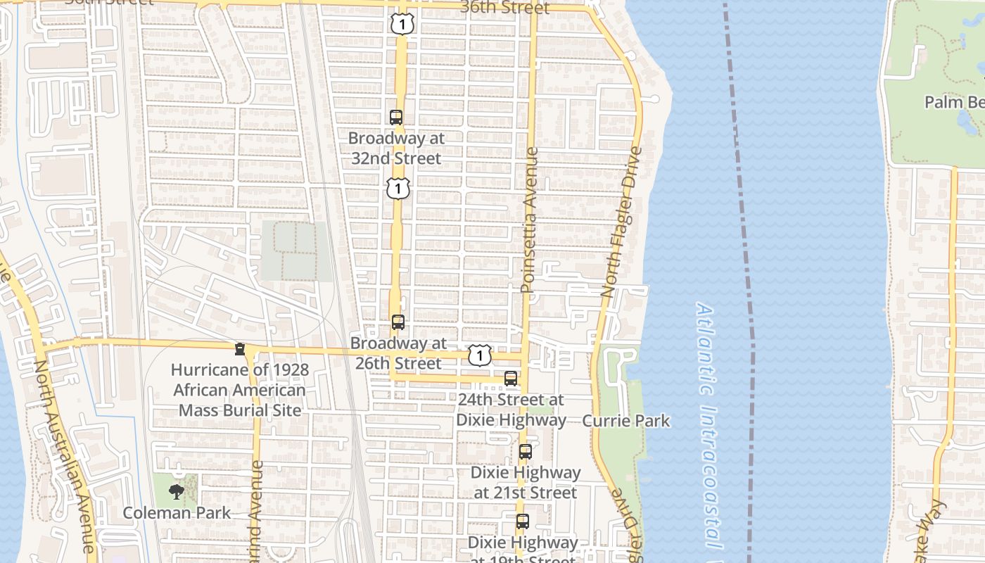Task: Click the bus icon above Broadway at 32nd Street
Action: coord(396,118)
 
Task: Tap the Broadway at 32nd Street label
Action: coord(396,148)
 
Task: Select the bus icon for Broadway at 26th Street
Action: coord(398,322)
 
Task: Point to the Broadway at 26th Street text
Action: coord(398,353)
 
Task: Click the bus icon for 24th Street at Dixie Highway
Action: coord(511,379)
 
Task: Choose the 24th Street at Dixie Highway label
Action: coord(511,410)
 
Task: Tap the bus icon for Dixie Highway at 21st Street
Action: coord(526,452)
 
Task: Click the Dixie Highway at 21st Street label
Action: coord(526,482)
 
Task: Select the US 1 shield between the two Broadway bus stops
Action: coord(398,188)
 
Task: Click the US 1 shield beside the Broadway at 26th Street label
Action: coord(479,355)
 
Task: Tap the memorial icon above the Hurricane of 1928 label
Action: coord(240,349)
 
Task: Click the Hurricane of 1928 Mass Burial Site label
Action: coord(240,390)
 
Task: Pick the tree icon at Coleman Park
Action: coord(177,491)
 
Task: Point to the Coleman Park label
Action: coord(177,512)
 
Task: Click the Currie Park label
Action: coord(626,421)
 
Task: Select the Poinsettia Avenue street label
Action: coord(529,220)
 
